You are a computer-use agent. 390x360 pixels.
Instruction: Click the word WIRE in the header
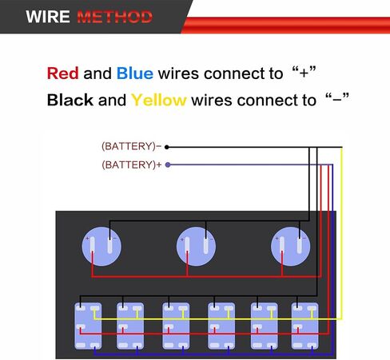(x=48, y=17)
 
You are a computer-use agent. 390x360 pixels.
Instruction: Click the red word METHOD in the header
(x=115, y=17)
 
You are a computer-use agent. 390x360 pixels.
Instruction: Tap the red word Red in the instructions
(x=62, y=73)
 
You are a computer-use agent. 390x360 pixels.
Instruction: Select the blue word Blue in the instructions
(x=135, y=73)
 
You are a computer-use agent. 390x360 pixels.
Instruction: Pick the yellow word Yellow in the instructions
(x=159, y=101)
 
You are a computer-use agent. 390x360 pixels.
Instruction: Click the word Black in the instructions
(x=70, y=100)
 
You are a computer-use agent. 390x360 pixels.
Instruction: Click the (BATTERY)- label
(x=131, y=146)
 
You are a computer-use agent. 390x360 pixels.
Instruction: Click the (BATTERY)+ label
(x=132, y=164)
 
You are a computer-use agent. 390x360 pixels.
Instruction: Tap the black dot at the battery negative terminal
(x=167, y=147)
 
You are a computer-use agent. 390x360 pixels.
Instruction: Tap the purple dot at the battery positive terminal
(x=168, y=164)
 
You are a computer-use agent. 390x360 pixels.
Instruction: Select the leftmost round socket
(x=101, y=247)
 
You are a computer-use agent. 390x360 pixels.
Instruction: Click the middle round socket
(x=196, y=247)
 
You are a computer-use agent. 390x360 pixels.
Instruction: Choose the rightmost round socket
(x=291, y=247)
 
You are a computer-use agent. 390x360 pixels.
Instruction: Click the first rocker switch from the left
(x=88, y=326)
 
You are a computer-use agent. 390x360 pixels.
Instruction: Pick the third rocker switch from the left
(x=176, y=326)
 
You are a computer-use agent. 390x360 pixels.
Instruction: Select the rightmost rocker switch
(x=305, y=326)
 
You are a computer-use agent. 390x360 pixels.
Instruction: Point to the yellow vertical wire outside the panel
(x=341, y=233)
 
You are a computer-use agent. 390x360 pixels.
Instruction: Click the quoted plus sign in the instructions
(x=304, y=73)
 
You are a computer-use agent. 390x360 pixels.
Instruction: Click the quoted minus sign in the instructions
(x=337, y=100)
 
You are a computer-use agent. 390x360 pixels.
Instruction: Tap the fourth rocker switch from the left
(x=221, y=326)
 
